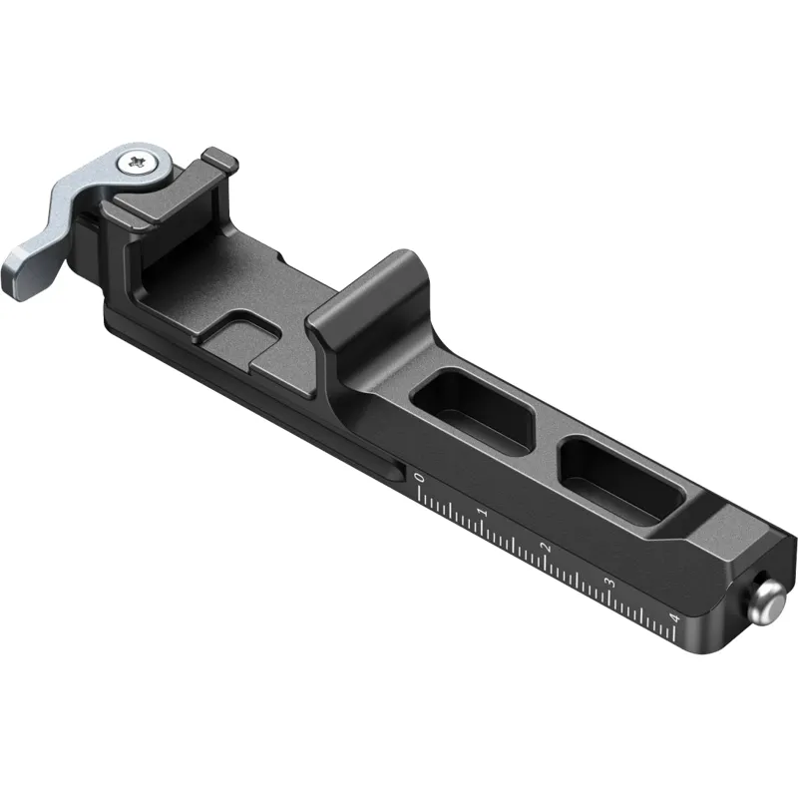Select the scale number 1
click(x=483, y=512)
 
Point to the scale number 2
click(x=547, y=548)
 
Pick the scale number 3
click(x=609, y=583)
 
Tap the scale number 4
click(x=675, y=618)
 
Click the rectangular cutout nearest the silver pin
click(x=619, y=480)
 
